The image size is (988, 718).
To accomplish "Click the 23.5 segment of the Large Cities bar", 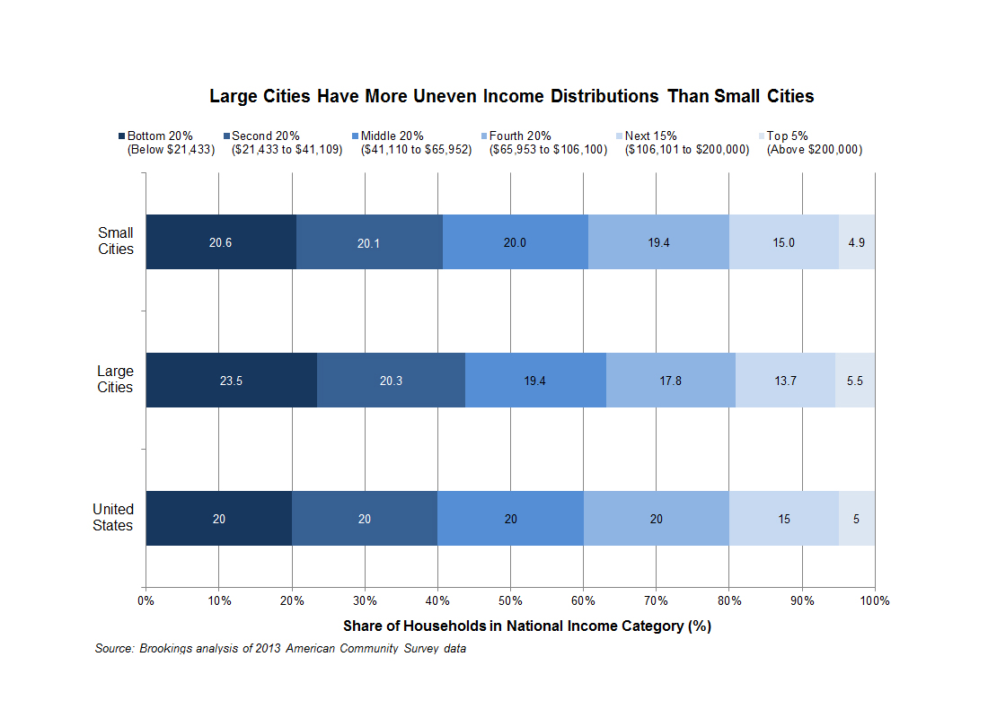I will tap(231, 381).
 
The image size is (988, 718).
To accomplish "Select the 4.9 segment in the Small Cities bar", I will tap(857, 242).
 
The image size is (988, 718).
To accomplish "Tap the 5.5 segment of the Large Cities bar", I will tap(855, 381).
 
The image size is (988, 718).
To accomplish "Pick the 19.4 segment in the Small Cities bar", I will tap(658, 242).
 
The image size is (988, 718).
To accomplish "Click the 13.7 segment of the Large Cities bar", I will tap(785, 381).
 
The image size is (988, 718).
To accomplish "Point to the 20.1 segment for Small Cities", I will tap(369, 242).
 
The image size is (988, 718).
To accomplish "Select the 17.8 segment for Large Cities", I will tap(671, 381).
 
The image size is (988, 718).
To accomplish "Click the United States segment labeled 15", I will tap(784, 519).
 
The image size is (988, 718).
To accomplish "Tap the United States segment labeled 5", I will tap(857, 519).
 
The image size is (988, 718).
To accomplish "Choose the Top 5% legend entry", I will tap(790, 136).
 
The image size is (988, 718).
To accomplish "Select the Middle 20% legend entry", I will tap(392, 136).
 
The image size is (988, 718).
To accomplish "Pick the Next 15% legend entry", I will tap(651, 136).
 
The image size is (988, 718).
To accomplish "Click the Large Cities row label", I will tap(115, 380).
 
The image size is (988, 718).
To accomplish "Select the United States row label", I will tap(113, 518).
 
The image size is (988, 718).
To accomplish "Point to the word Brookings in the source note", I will tap(167, 648).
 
